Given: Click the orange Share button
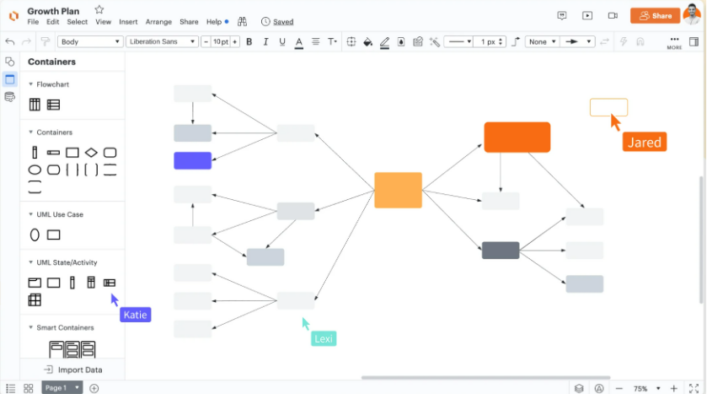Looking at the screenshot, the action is (x=655, y=16).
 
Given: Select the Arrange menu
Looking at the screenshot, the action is (x=158, y=22).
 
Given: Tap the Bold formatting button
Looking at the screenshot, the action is (x=249, y=42).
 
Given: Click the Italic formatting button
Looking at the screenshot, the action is (x=265, y=42).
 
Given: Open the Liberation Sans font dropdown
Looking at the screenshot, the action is (x=162, y=41).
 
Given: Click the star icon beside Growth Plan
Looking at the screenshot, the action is (x=99, y=9).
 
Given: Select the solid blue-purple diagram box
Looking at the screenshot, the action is (x=192, y=160).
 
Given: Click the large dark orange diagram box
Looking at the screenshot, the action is (x=517, y=138).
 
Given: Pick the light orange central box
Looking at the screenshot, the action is (x=398, y=190).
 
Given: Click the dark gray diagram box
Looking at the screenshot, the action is (x=501, y=251).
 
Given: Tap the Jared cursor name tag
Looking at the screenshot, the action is (x=645, y=143).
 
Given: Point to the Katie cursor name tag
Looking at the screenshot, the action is (x=136, y=315).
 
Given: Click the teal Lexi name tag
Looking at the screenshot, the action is (x=324, y=338).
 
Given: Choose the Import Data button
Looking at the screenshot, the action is (x=73, y=370).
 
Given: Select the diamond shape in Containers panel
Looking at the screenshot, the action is (x=91, y=153).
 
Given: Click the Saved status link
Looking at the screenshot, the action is (x=282, y=22).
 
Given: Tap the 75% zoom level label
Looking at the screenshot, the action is (x=640, y=389).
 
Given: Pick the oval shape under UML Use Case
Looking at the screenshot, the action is (x=35, y=235).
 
